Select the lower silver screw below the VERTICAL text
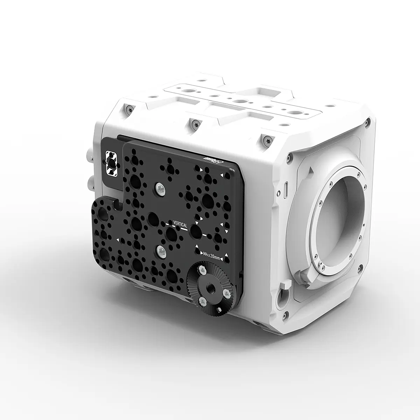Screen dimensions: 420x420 pyautogui.click(x=161, y=250)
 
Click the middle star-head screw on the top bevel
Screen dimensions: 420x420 pyautogui.click(x=192, y=123)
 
